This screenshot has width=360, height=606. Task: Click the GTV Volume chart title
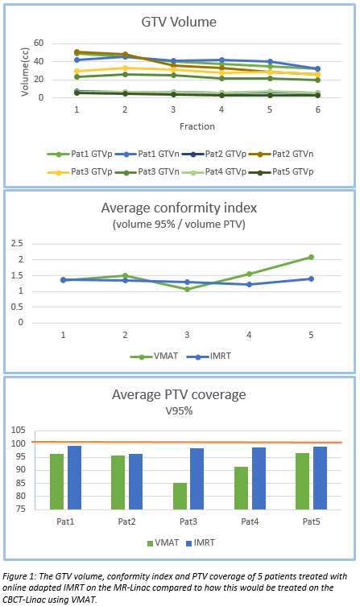point(179,22)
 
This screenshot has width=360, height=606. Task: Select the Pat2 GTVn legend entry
point(281,154)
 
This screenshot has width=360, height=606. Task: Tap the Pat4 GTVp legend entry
point(214,171)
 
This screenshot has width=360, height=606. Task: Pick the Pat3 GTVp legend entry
point(80,171)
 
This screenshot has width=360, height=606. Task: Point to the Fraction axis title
point(197,126)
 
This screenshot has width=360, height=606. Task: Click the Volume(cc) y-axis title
point(25,72)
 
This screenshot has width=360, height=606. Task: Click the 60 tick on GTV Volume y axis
point(39,43)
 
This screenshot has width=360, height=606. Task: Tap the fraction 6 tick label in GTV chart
point(318,109)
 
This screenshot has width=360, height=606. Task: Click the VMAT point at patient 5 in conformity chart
point(311,257)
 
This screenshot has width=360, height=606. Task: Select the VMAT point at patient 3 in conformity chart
point(187,289)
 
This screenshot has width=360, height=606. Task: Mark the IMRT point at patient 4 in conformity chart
point(249,284)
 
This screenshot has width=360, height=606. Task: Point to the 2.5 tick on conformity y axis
point(18,244)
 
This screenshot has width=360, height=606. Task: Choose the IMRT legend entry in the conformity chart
point(209,356)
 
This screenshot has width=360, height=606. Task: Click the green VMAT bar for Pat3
point(180,497)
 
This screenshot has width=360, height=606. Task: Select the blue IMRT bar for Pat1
point(75,478)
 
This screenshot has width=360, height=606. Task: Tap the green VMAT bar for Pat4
point(242,489)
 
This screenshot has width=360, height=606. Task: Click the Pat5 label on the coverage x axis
point(312,521)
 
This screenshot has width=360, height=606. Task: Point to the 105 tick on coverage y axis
point(19,430)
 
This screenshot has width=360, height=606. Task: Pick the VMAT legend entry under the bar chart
point(163,543)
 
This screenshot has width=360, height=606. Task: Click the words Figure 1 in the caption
point(19,577)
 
